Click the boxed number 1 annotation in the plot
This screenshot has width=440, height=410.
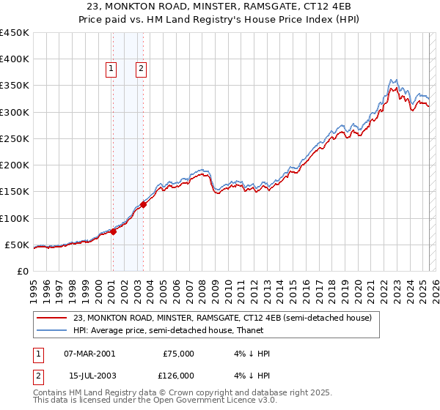coord(111,70)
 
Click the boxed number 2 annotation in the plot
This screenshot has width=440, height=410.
coord(141,70)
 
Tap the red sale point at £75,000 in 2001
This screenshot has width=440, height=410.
coord(114,231)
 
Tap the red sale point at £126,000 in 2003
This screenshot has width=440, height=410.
coord(144,204)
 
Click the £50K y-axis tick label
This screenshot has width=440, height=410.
coord(18,245)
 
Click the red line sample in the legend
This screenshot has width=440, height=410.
coord(52,318)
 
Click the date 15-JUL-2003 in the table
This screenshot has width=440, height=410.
coord(89,376)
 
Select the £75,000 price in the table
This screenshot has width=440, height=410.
coord(178,353)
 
